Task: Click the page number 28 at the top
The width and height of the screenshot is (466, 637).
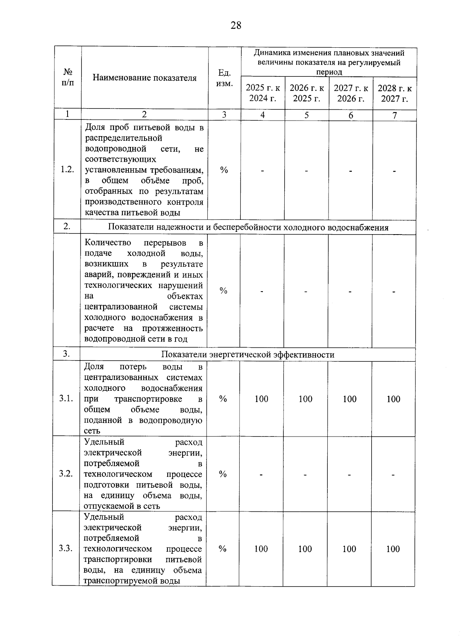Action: point(236,26)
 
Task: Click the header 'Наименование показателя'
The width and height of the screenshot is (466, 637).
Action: point(144,78)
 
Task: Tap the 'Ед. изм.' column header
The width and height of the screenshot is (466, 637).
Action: point(224,78)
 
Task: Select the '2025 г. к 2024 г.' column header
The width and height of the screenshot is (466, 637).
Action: point(263,93)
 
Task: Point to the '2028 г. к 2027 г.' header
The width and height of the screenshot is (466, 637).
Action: point(395,93)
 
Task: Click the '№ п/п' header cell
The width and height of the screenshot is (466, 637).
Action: point(68,78)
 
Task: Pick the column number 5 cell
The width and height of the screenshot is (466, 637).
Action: point(307,115)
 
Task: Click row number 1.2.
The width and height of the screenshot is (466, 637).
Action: point(67,170)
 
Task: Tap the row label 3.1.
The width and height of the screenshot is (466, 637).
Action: point(66,399)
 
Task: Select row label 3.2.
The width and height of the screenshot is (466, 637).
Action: point(66,473)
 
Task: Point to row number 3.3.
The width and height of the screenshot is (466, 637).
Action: point(66,548)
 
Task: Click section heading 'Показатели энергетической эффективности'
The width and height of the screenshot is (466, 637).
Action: point(248,355)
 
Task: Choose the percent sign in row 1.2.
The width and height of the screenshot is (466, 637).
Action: point(224,170)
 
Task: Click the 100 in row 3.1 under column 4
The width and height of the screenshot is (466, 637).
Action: point(261,399)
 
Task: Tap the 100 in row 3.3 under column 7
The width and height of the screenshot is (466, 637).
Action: point(393,549)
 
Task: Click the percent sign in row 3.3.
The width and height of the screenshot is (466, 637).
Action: point(223,549)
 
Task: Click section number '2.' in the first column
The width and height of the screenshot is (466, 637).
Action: point(67,226)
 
